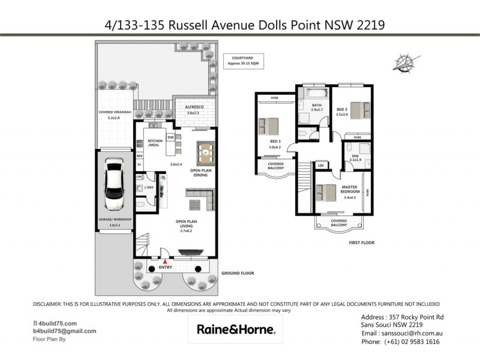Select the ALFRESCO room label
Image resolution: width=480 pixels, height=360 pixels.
point(193,107)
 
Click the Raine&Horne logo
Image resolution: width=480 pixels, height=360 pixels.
point(236,329)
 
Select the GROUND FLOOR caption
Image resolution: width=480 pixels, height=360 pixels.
point(238,272)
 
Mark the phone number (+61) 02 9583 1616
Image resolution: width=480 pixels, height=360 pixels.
point(400,341)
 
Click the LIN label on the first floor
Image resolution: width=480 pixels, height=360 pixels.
point(322,165)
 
